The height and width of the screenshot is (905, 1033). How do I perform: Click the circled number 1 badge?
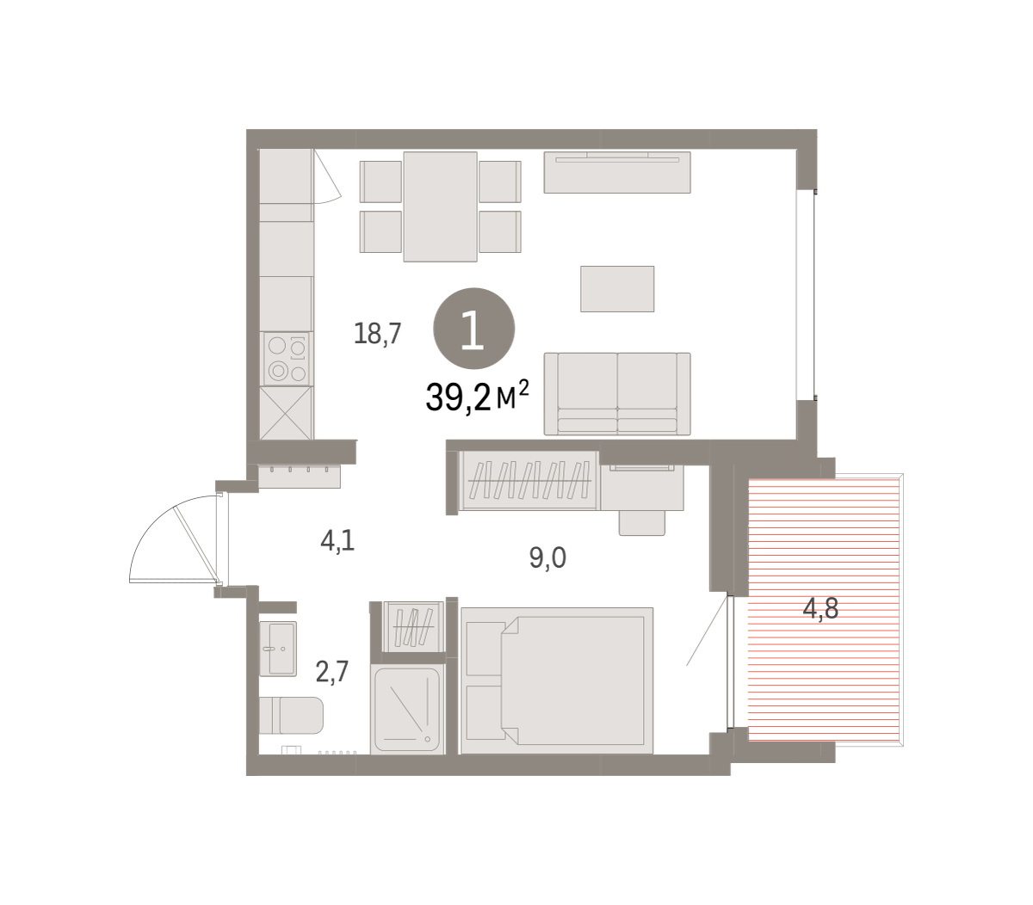[x=473, y=328]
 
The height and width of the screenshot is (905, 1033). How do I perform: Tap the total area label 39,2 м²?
[x=477, y=396]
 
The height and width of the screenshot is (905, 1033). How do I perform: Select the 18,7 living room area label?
[x=377, y=334]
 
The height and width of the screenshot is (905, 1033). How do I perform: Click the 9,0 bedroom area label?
[x=547, y=557]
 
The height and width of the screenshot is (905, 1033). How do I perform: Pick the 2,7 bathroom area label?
[x=332, y=671]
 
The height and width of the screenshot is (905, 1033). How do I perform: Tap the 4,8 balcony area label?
[x=820, y=608]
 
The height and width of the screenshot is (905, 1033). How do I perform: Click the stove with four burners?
[x=286, y=359]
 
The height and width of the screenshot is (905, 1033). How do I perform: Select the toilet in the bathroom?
[x=291, y=716]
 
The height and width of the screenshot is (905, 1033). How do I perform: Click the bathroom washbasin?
[x=278, y=649]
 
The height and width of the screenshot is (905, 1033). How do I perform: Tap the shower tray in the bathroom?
[x=407, y=710]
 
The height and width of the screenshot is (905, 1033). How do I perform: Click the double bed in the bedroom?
[x=557, y=680]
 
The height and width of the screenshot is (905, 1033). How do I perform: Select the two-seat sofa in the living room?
[x=617, y=393]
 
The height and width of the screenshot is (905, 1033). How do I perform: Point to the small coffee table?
[x=617, y=288]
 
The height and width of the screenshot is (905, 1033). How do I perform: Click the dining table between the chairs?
[x=440, y=206]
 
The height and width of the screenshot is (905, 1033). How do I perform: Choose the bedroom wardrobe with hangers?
[x=529, y=480]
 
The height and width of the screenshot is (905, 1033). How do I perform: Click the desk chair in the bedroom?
[x=642, y=523]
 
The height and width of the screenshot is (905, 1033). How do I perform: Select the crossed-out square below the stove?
[x=286, y=413]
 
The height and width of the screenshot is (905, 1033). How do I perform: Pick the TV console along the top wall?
[x=617, y=172]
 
